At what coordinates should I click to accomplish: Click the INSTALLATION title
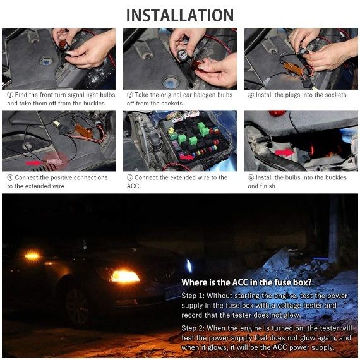tap(180, 16)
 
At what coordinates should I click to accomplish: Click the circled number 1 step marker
tap(10, 95)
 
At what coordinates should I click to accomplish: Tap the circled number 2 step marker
tap(130, 95)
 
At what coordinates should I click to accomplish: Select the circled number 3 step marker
tap(251, 95)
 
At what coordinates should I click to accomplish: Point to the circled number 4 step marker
tap(10, 177)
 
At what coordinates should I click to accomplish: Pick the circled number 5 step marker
tap(130, 177)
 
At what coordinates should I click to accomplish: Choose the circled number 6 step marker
tap(251, 177)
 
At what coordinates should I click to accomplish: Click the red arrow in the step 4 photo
tap(33, 163)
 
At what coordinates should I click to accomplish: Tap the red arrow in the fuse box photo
tap(186, 157)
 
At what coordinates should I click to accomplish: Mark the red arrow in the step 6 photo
tap(285, 152)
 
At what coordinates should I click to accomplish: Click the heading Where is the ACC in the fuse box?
tap(246, 282)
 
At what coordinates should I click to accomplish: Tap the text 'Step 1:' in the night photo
tap(193, 296)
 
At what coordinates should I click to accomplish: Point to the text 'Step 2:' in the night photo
tap(193, 328)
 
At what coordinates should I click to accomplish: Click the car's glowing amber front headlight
tap(124, 276)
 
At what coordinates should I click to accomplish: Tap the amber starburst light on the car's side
tap(32, 256)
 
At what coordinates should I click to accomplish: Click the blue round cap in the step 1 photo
tap(46, 61)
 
